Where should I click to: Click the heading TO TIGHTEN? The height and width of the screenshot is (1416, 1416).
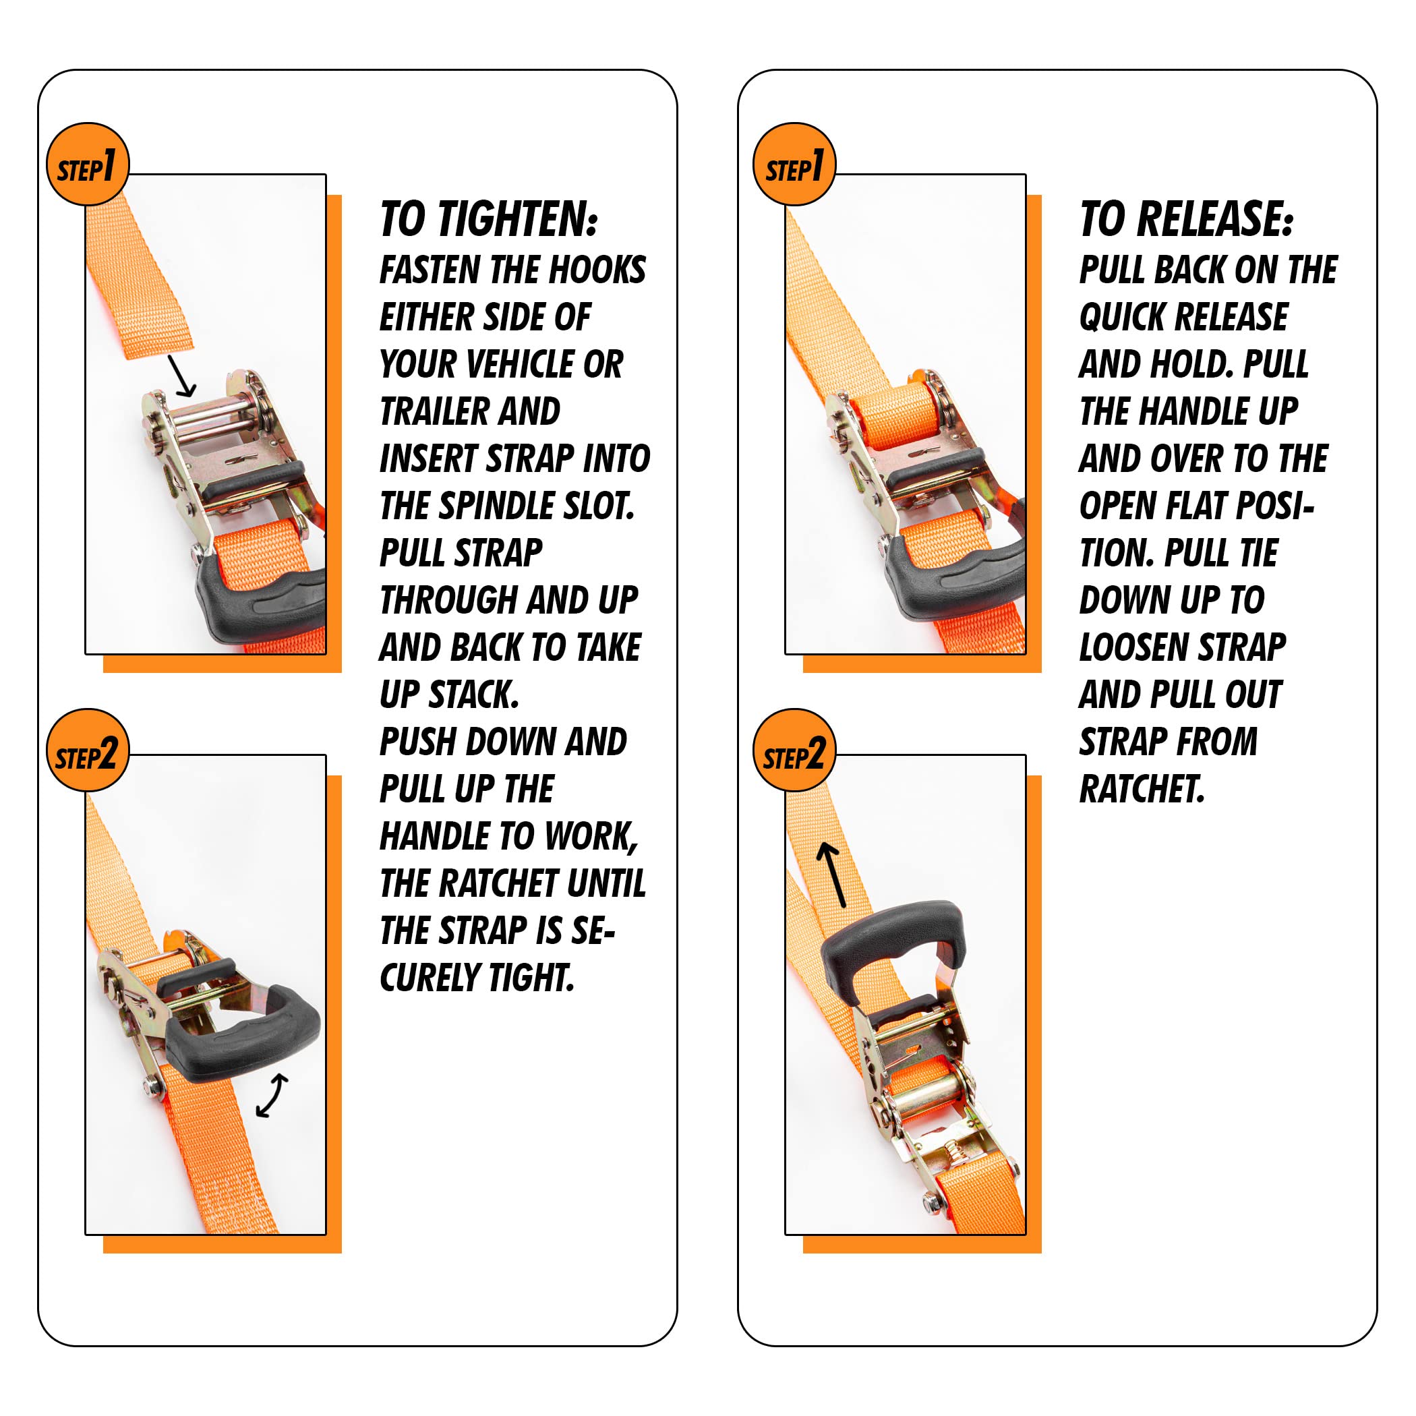(489, 219)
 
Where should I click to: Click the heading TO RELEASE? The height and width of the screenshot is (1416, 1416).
(1187, 219)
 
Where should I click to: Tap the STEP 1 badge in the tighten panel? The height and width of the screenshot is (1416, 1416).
(88, 164)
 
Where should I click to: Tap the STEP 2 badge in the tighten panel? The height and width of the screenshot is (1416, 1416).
(88, 750)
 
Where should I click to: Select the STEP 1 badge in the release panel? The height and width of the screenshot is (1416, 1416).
(794, 164)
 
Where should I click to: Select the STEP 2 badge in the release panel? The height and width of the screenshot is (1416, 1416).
(794, 750)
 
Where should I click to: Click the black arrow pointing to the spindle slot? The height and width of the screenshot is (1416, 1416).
(183, 376)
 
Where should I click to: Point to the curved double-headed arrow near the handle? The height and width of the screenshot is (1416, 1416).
(272, 1095)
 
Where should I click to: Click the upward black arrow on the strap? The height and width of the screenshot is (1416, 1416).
(833, 875)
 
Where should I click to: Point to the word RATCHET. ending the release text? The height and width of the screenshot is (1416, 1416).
(1142, 790)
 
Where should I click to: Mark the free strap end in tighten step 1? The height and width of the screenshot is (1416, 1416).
(140, 278)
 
